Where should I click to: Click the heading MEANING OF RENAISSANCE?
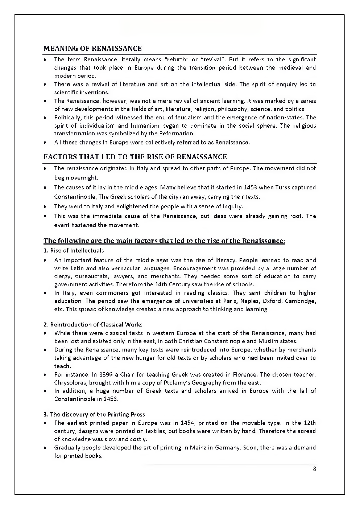92,48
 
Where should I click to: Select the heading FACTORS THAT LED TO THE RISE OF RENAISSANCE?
135,157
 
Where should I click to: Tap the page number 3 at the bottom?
314,469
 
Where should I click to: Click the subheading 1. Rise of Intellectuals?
74,250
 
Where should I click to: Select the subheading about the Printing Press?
94,414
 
